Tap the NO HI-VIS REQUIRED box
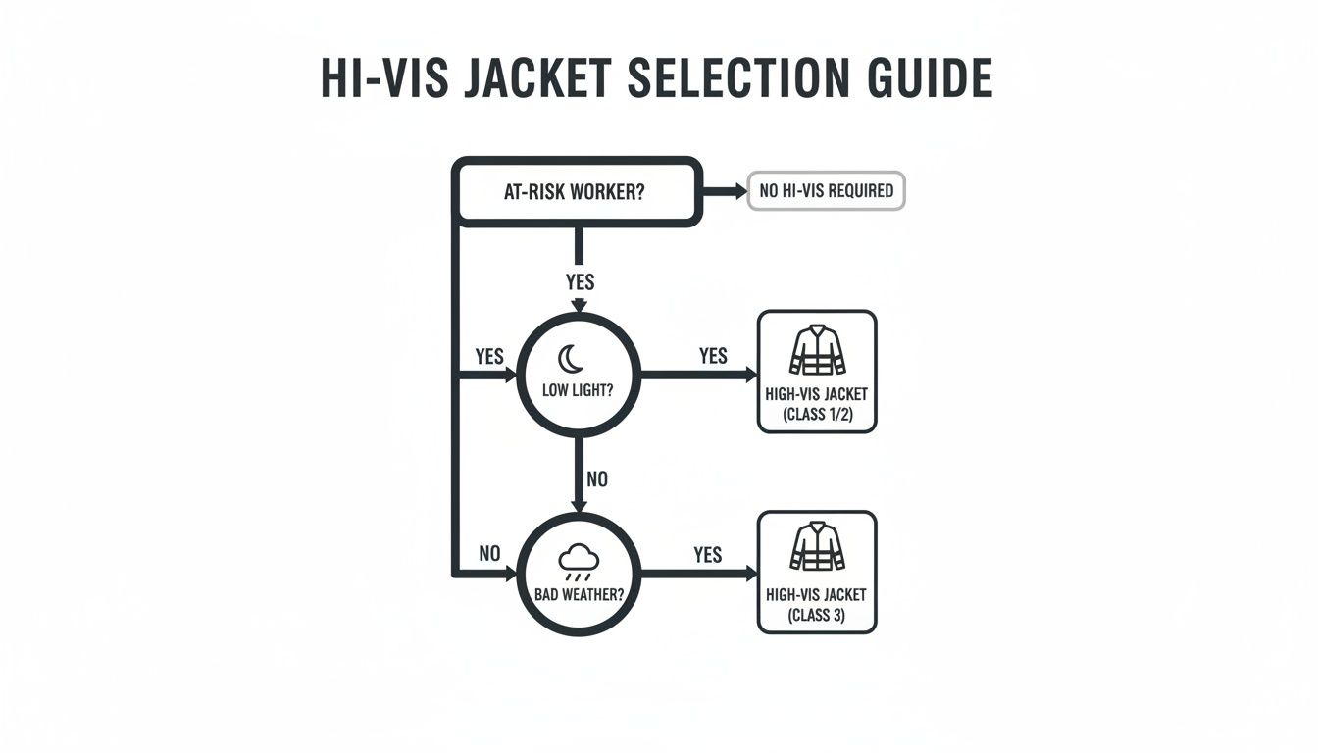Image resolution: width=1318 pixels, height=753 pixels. click(x=827, y=191)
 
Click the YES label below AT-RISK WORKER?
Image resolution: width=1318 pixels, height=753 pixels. click(x=581, y=282)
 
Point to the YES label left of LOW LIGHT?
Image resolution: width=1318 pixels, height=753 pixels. click(x=489, y=356)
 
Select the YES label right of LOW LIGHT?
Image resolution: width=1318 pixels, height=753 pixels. click(x=713, y=355)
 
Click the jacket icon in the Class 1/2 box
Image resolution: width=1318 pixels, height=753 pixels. click(x=817, y=350)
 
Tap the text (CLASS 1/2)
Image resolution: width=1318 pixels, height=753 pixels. click(x=817, y=414)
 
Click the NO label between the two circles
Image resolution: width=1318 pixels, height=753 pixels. click(x=596, y=479)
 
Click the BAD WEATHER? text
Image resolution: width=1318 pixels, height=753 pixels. click(x=579, y=593)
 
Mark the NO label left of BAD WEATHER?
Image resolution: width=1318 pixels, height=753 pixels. click(x=489, y=554)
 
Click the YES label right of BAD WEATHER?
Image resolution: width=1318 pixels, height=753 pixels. click(x=707, y=555)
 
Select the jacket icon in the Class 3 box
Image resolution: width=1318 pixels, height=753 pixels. click(x=817, y=547)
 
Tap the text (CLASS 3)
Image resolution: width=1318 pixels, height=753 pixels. click(x=817, y=615)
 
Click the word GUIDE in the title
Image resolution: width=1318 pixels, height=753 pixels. click(x=930, y=78)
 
